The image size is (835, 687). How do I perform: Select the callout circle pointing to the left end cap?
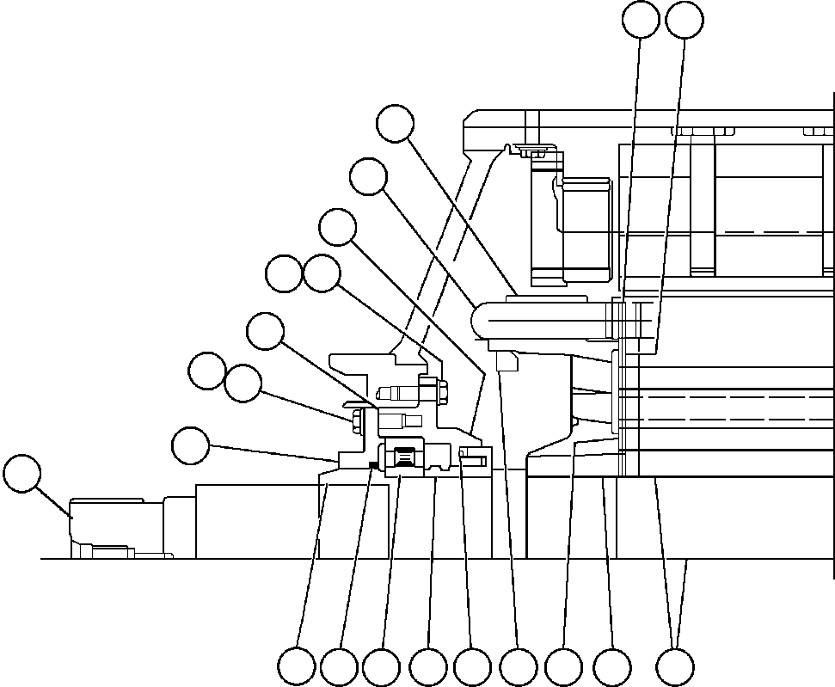(x=22, y=475)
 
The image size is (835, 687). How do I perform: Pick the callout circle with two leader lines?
(x=675, y=667)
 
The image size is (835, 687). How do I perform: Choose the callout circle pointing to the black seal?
(x=339, y=667)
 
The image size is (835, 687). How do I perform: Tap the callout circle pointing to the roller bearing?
(x=381, y=667)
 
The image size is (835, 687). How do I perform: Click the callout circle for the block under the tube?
(x=518, y=667)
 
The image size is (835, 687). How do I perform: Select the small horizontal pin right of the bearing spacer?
(x=474, y=461)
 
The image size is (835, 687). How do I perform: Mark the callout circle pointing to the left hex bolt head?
(x=243, y=383)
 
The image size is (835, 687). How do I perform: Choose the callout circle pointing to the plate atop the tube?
(x=396, y=124)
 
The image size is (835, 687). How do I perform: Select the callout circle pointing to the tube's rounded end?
(x=368, y=177)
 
